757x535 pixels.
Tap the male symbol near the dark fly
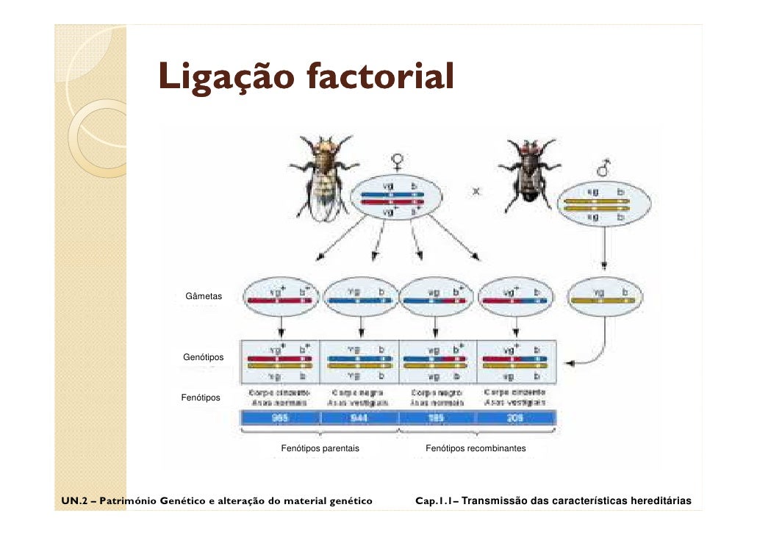click(604, 170)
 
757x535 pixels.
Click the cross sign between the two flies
click(476, 192)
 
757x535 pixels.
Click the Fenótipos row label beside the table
click(201, 398)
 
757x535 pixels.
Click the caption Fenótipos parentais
click(320, 448)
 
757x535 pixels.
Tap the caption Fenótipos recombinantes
click(476, 448)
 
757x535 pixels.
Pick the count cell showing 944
click(359, 418)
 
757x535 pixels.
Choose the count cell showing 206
click(515, 418)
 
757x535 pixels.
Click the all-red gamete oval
click(282, 296)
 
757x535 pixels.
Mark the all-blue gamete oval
click(360, 296)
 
